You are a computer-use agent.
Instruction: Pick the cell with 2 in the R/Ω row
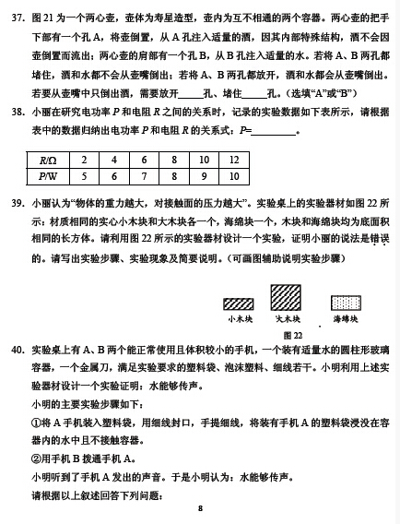pyautogui.click(x=86, y=160)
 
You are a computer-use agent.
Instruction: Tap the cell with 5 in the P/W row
pyautogui.click(x=86, y=175)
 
